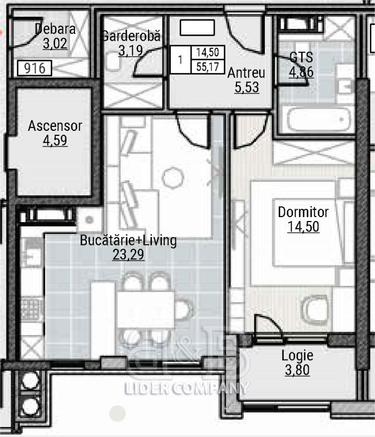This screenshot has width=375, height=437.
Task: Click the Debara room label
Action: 56,29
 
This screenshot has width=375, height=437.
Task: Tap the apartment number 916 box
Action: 34,68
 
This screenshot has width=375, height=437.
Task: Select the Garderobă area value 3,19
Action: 131,51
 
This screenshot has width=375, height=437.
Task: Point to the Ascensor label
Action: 55,126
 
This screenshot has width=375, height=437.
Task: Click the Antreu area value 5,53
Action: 247,87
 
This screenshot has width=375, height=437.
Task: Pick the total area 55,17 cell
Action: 208,67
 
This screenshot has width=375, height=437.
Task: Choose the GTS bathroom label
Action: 301,57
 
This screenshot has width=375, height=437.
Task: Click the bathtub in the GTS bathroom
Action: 319,120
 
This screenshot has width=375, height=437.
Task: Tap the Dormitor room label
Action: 303,212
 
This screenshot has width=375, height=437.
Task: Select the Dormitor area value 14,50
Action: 303,227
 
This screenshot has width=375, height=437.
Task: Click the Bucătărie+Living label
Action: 128,240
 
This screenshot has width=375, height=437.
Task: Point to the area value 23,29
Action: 129,254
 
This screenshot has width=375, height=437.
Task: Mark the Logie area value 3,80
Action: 297,370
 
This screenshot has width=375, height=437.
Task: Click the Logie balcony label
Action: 297,356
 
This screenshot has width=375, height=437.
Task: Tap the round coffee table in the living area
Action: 173,177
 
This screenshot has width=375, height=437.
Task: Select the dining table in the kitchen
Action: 146,309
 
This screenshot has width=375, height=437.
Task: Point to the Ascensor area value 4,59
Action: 55,140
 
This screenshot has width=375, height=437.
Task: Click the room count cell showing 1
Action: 180,60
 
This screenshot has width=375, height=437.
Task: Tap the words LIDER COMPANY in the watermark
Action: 186,388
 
